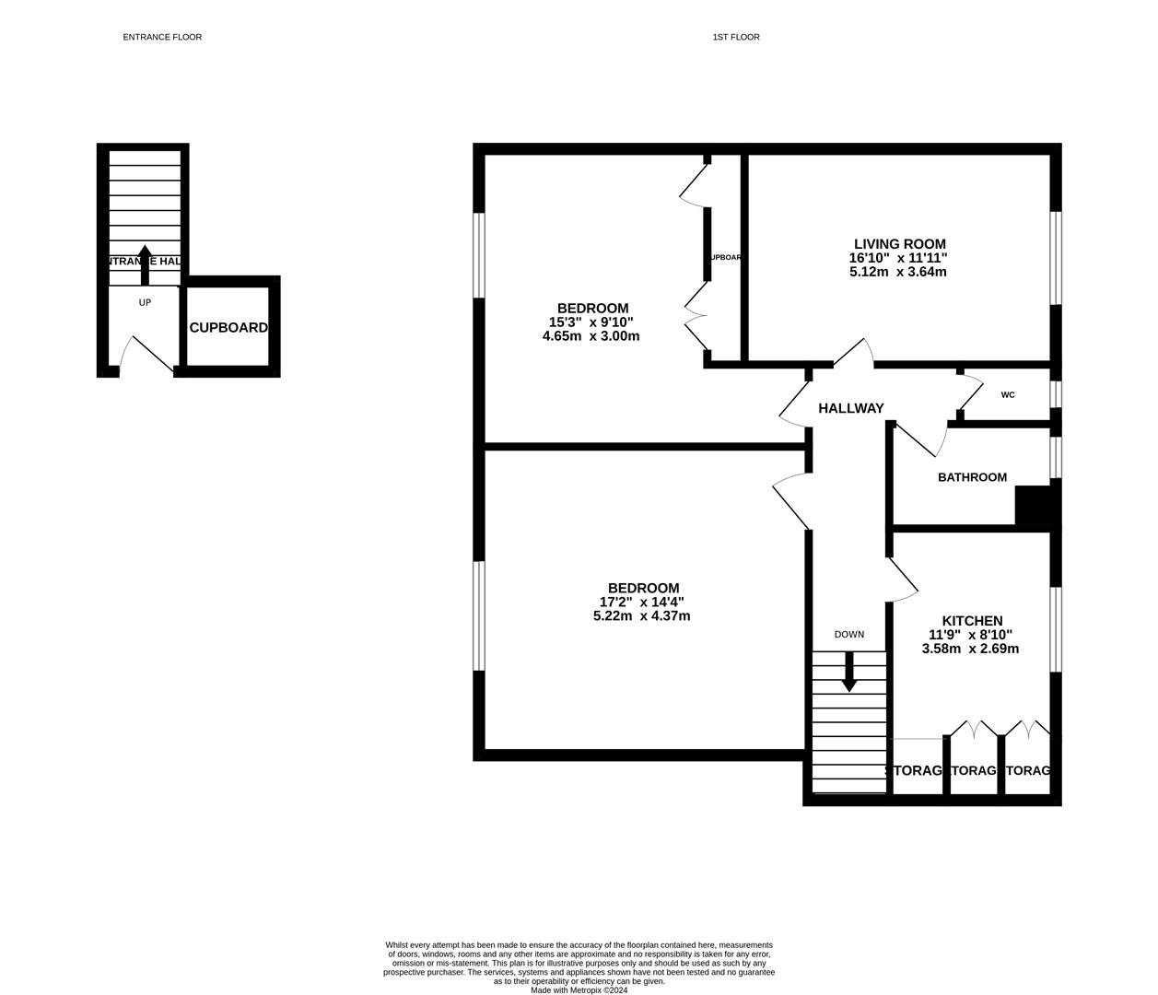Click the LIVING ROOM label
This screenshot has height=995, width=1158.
pos(899,244)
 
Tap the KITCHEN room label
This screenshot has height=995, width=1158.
pos(971,621)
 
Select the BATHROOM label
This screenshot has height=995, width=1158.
pos(972,477)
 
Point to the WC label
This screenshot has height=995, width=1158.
pos(1008,395)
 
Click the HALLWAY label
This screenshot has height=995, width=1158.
pos(850,408)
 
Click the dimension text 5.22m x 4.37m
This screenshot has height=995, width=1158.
pos(641,616)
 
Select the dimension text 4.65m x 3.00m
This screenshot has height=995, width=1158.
pos(591,336)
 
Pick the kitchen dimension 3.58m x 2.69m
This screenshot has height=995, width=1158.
pos(970,649)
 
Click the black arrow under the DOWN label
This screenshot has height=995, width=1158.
pos(848,672)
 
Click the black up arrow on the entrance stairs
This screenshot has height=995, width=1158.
pos(145,264)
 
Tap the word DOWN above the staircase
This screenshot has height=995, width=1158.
pos(848,635)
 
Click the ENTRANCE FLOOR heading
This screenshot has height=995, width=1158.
pos(162,37)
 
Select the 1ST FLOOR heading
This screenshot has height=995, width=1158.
pos(735,37)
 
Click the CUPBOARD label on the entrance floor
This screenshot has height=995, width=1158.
pos(228,328)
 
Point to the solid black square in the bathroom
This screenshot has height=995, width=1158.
pos(1033,506)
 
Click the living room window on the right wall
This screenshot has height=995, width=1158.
pos(1056,258)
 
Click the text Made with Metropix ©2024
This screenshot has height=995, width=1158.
pos(579,990)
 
